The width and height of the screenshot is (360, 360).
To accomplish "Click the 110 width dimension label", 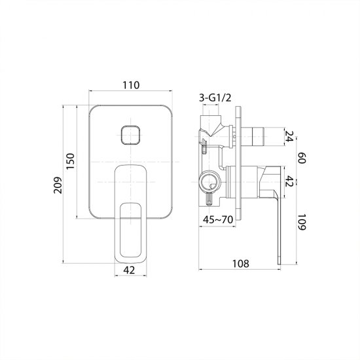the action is tap(131, 85).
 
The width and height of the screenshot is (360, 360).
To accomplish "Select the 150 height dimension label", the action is tap(71, 161).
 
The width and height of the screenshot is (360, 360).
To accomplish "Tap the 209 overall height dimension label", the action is tap(58, 185).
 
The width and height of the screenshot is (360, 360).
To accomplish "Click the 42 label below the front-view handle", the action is tap(129, 270).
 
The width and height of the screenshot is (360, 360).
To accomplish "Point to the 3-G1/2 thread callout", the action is tap(215, 98).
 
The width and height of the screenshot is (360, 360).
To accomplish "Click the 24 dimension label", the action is tap(289, 136).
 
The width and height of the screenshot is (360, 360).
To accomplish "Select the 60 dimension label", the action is tap(302, 158).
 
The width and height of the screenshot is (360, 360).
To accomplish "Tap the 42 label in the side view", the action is tap(289, 181).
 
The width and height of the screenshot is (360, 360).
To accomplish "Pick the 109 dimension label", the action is tap(302, 222).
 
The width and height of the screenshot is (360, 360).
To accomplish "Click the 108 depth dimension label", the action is tap(241, 264).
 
